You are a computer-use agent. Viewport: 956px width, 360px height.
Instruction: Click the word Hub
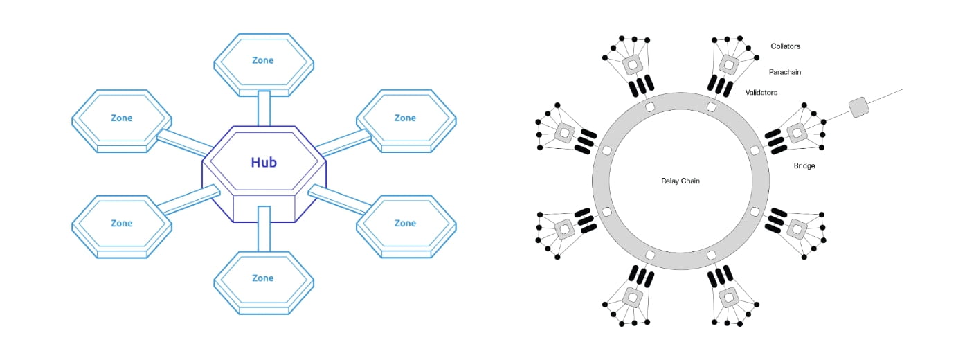[x=263, y=163]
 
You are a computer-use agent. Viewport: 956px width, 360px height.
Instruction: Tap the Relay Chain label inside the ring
[x=680, y=181]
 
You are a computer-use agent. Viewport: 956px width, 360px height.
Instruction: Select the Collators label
[x=786, y=46]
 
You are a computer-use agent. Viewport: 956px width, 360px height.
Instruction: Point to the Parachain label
[x=785, y=71]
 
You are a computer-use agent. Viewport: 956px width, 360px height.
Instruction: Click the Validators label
[x=761, y=92]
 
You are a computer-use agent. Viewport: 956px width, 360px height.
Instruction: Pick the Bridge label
[x=804, y=165]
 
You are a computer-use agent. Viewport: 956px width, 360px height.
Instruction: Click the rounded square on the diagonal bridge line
[x=858, y=107]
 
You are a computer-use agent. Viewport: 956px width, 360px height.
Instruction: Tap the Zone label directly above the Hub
[x=263, y=60]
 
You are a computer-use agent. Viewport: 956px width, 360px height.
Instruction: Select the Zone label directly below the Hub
[x=263, y=278]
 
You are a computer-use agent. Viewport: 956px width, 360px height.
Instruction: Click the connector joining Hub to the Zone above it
[x=263, y=108]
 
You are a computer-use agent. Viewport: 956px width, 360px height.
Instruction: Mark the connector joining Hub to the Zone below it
[x=263, y=228]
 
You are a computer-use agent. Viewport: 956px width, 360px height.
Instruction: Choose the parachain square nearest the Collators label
[x=728, y=65]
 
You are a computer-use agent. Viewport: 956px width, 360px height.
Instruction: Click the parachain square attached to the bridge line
[x=797, y=132]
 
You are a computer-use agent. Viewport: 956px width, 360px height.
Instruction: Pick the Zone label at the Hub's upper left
[x=122, y=118]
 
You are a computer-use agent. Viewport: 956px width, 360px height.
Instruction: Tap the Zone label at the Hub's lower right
[x=405, y=223]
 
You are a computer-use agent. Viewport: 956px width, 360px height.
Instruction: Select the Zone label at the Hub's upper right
[x=405, y=118]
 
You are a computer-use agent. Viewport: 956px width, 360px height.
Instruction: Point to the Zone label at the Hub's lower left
[x=122, y=223]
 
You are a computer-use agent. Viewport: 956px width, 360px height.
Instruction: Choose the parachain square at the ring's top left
[x=632, y=65]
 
